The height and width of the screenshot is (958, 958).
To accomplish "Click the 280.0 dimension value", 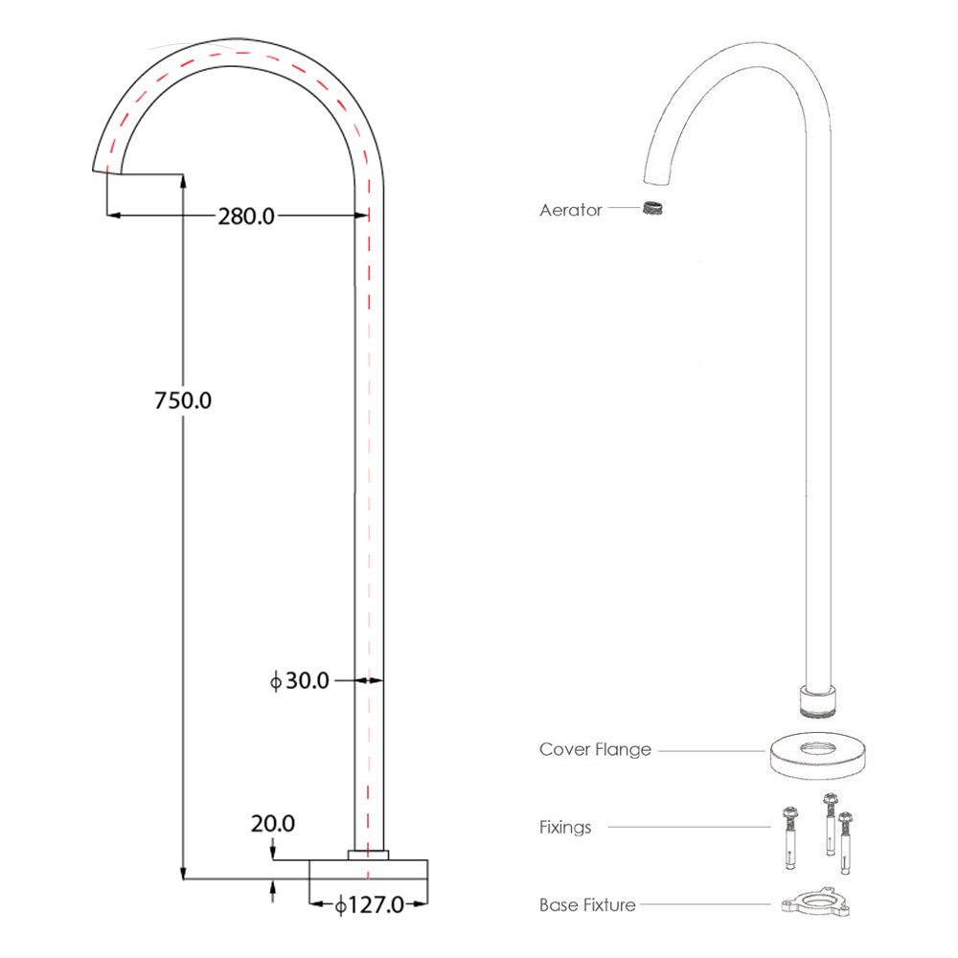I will click(245, 217).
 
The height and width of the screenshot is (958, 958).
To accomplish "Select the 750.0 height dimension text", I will click(183, 400).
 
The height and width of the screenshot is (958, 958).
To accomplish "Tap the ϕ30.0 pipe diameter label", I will click(300, 681).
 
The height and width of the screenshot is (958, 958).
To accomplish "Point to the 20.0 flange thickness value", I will click(273, 823).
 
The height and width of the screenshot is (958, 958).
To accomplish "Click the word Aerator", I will click(570, 210).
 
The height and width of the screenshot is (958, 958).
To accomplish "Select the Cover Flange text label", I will click(595, 750).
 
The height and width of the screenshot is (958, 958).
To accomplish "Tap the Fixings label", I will click(565, 827).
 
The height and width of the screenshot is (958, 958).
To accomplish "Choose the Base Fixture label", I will click(587, 904).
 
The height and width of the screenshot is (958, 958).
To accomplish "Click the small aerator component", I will click(654, 208).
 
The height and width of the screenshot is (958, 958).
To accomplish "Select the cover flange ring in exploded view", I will click(819, 753).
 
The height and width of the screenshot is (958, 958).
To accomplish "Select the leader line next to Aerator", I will click(623, 208).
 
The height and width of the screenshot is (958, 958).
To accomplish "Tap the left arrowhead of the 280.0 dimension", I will click(111, 217).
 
